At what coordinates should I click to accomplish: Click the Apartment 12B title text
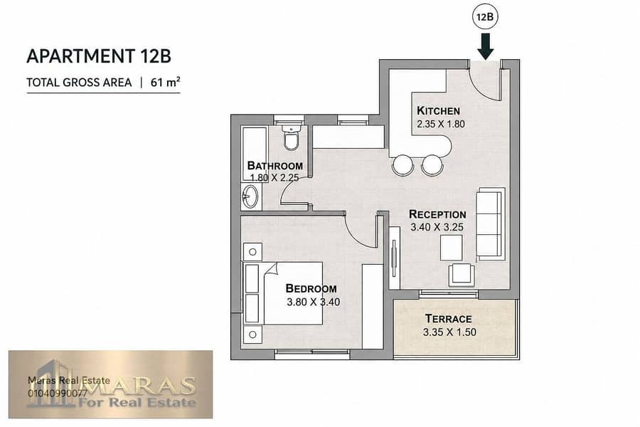[99, 56]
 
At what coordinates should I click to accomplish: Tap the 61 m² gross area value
[165, 82]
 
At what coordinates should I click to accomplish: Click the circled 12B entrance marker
[486, 17]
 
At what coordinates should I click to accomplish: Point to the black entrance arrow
[486, 46]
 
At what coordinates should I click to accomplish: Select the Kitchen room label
[438, 110]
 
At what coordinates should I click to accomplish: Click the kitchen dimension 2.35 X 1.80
[441, 124]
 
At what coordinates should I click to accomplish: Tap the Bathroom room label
[275, 166]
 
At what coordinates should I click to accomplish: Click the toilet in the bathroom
[291, 137]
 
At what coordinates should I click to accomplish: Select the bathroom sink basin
[250, 197]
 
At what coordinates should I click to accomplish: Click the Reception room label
[437, 214]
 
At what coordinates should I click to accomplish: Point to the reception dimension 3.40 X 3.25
[437, 227]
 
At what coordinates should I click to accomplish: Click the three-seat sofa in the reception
[490, 224]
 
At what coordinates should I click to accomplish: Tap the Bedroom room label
[311, 288]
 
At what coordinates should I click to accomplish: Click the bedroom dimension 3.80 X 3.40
[313, 302]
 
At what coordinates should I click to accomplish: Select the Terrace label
[448, 318]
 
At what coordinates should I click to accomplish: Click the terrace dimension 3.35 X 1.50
[449, 332]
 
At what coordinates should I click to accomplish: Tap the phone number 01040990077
[58, 393]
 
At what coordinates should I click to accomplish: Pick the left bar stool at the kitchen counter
[403, 165]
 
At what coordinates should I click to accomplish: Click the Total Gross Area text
[79, 83]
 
